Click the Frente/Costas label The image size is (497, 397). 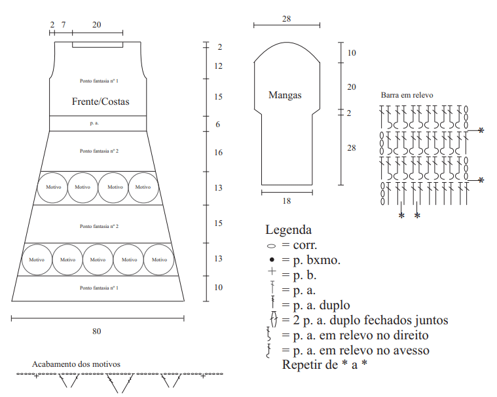click(100, 102)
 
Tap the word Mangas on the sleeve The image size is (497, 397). click(285, 95)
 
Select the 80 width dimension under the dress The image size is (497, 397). click(97, 331)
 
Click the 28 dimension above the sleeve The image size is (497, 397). click(287, 19)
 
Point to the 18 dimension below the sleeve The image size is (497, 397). click(287, 201)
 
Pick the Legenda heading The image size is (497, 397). click(288, 230)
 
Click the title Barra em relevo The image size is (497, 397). click(407, 95)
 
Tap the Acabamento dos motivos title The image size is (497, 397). click(76, 364)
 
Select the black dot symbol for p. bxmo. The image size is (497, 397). click(272, 259)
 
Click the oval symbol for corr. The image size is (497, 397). click(272, 246)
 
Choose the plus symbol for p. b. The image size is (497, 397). click(272, 271)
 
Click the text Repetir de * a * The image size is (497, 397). click(325, 365)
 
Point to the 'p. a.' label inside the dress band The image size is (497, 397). click(94, 123)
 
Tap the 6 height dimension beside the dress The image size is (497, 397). click(218, 124)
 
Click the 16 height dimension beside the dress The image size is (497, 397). click(218, 153)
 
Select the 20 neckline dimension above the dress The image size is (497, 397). click(97, 25)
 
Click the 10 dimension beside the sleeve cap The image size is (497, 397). click(352, 53)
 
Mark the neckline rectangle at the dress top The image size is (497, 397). click(98, 47)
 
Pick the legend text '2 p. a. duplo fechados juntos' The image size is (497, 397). click(371, 320)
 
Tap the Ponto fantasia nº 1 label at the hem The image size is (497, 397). click(100, 288)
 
